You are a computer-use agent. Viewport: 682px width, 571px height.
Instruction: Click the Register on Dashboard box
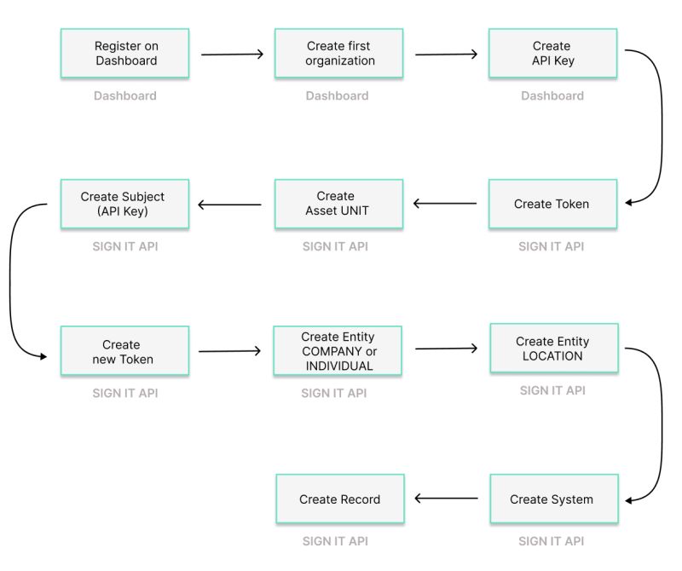[124, 54]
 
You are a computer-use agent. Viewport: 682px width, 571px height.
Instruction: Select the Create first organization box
[338, 54]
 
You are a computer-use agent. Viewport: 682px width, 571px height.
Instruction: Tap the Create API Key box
[552, 54]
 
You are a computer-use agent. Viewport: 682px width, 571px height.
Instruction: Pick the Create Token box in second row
[552, 204]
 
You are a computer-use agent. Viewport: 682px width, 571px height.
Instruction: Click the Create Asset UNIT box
[338, 204]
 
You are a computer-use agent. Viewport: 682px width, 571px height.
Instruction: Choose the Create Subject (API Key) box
[124, 204]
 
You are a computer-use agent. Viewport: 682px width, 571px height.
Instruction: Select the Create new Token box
[124, 351]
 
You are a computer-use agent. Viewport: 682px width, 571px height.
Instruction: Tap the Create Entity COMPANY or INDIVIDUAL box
[338, 351]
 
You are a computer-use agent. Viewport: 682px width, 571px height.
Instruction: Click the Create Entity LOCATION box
[553, 349]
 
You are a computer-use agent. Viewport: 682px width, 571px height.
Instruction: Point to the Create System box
[553, 499]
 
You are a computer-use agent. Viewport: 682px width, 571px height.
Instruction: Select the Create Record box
[340, 499]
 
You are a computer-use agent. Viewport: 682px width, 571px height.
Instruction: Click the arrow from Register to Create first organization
[232, 55]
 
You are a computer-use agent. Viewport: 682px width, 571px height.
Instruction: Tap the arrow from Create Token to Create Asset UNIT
[445, 204]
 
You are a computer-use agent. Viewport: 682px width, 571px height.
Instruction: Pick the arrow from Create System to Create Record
[446, 499]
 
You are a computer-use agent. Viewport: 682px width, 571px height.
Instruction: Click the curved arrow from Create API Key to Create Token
[661, 128]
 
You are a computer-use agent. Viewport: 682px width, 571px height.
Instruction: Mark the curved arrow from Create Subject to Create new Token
[11, 281]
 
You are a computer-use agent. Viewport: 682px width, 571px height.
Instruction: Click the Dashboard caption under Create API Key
[552, 96]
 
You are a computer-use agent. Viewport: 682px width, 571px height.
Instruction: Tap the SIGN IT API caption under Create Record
[335, 541]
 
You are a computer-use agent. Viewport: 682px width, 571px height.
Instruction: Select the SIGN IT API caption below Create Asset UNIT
[335, 246]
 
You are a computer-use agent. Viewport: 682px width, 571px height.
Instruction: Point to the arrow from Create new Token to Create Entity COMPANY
[230, 350]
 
